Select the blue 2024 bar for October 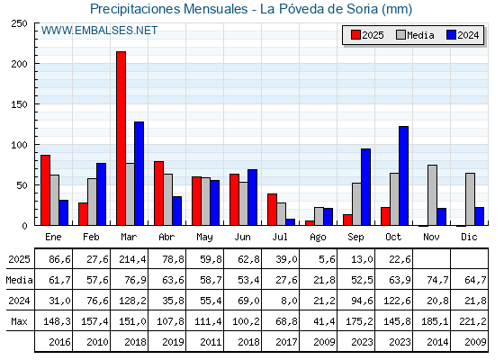tap(403, 175)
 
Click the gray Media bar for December tap(470, 199)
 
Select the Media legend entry tap(415, 35)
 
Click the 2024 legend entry tap(462, 35)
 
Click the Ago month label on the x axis tap(319, 236)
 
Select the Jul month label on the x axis tap(281, 236)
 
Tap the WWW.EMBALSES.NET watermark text tap(100, 31)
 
